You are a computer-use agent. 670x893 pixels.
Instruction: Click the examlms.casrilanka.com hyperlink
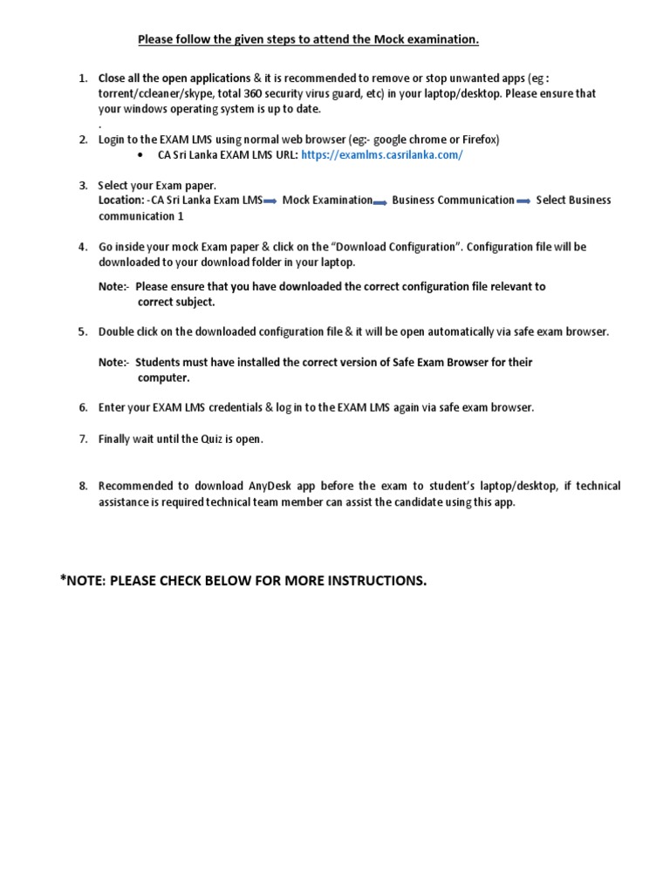381,155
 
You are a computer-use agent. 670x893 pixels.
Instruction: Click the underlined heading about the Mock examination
308,39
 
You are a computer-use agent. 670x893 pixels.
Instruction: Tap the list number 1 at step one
83,78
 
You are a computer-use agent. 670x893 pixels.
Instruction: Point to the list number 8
83,486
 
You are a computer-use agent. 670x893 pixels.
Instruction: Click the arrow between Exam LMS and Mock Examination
270,201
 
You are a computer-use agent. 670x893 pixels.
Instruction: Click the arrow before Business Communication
380,201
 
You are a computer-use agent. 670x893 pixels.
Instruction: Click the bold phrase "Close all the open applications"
174,78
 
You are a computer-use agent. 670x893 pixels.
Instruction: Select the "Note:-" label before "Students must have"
114,362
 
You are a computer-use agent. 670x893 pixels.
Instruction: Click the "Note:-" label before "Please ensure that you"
114,286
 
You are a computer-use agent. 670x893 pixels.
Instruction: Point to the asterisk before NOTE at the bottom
63,579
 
